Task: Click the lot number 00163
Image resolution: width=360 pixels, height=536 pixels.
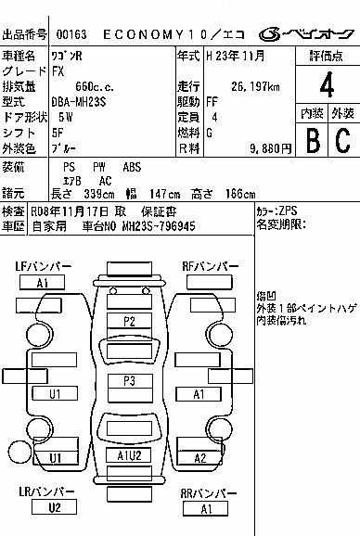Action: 71,34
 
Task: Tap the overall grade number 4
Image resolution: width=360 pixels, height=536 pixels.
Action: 327,84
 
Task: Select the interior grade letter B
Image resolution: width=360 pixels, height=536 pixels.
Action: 313,141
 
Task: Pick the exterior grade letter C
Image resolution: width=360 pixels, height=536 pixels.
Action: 343,141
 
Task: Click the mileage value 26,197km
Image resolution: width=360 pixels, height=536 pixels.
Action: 255,87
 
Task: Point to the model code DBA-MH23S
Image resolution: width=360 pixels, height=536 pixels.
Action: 78,102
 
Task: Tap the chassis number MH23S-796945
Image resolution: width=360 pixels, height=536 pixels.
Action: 159,226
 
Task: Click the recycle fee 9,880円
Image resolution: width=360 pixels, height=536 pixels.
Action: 271,148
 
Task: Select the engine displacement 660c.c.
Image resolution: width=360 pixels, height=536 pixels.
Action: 95,87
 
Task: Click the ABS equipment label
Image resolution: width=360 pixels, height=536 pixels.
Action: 132,168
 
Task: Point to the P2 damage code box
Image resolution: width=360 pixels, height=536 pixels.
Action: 129,321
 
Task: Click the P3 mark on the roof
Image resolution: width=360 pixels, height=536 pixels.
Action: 130,381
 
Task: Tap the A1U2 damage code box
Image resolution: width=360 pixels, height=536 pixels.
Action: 129,455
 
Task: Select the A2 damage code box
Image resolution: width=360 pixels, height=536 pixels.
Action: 200,458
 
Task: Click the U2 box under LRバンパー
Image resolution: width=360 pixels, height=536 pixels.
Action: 54,507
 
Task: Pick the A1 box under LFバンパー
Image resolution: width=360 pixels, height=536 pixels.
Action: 42,283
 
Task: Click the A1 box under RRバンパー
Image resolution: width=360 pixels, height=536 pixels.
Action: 205,509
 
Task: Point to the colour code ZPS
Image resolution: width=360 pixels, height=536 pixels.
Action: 288,211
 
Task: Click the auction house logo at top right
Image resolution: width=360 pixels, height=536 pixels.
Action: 306,34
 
